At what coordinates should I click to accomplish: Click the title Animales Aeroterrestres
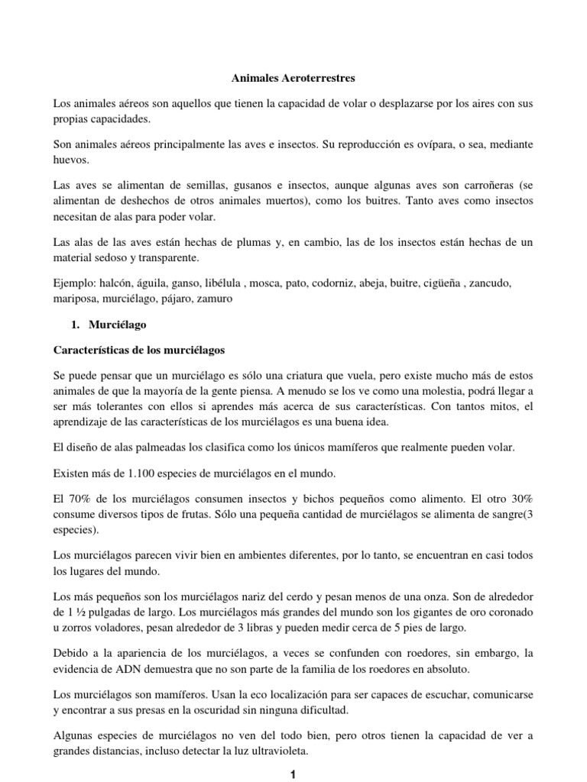pos(293,77)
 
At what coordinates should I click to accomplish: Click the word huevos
pos(72,160)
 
